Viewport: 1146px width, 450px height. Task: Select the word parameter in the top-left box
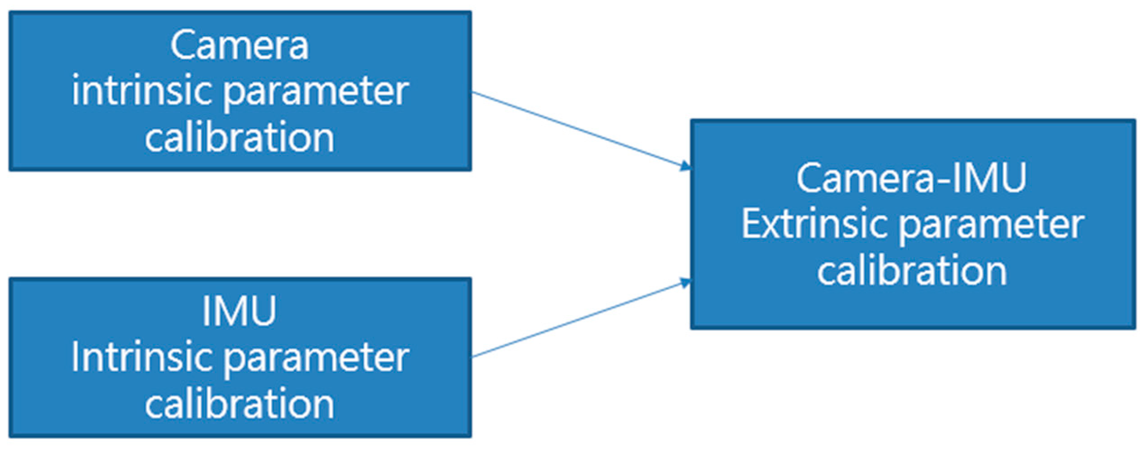point(316,94)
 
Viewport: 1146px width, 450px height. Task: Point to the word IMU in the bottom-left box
point(239,311)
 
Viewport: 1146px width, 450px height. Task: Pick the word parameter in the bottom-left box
point(316,360)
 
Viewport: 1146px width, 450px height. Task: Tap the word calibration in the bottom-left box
point(239,404)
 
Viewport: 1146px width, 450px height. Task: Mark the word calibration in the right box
point(912,271)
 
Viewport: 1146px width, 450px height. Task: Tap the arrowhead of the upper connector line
point(686,167)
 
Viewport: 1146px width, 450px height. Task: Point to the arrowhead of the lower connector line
point(686,283)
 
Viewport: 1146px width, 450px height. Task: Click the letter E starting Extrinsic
point(752,224)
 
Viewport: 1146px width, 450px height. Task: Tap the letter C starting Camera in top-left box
point(183,46)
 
